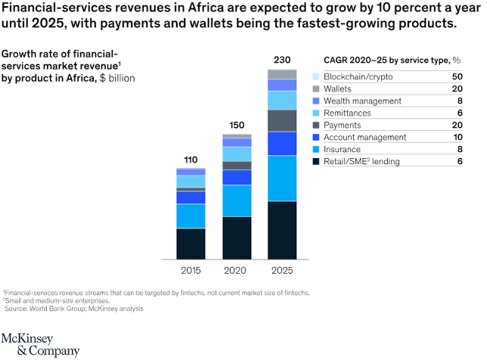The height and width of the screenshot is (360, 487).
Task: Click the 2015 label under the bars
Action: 191,269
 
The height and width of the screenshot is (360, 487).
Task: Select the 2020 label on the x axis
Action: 237,269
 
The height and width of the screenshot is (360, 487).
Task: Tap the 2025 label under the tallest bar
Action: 282,269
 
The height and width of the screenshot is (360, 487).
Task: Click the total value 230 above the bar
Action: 282,59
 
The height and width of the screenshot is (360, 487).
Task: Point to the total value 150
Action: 237,124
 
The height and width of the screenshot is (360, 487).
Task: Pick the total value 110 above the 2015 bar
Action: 191,159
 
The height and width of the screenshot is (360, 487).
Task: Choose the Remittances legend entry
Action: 347,113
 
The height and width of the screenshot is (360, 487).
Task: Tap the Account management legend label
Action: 362,136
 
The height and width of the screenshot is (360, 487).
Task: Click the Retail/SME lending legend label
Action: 361,160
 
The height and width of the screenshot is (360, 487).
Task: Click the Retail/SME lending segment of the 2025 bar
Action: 282,230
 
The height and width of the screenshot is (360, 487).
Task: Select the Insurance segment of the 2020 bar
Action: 237,200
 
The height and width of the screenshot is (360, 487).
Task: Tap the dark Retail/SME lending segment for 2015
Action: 191,243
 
